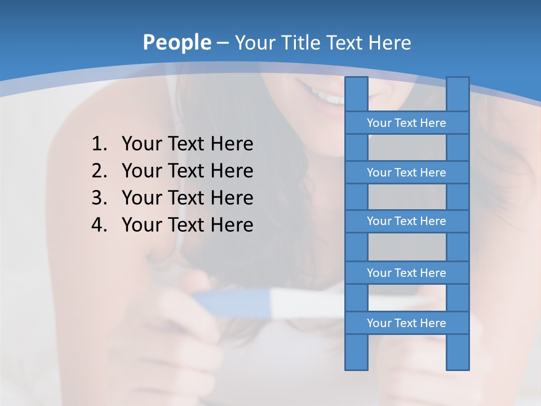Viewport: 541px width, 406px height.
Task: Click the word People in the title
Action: coord(176,42)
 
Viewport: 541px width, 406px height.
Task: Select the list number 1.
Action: coord(99,144)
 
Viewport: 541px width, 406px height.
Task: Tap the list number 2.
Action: coord(99,171)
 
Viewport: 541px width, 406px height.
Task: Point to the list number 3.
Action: coord(99,198)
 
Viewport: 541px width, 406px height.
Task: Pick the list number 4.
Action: coord(99,225)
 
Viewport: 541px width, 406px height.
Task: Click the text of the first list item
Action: coord(187,144)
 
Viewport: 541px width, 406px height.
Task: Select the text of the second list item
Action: coord(187,171)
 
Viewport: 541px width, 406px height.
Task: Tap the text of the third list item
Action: coord(187,198)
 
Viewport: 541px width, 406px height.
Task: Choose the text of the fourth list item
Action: coord(187,225)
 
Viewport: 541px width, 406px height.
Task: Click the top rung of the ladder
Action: coord(406,123)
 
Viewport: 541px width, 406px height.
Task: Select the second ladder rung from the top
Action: coord(406,173)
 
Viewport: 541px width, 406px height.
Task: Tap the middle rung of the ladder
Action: coord(406,221)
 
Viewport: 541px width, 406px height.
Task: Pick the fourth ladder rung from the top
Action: coord(406,273)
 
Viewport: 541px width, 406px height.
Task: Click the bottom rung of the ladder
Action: coord(406,323)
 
